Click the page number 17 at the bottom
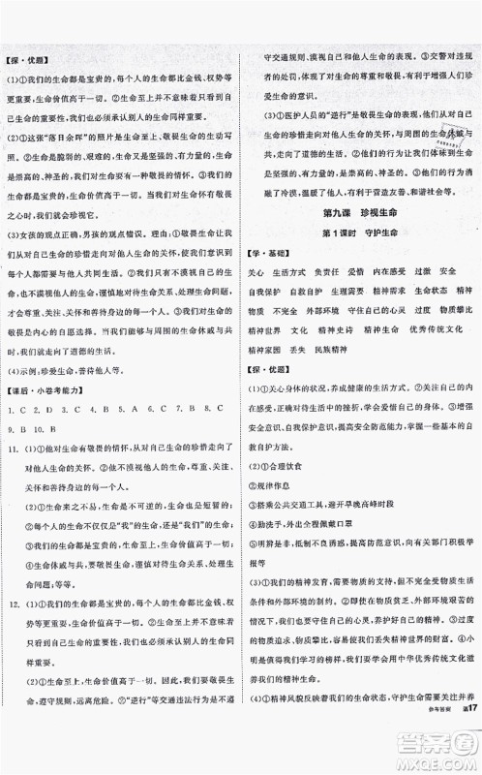coord(463,761)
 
